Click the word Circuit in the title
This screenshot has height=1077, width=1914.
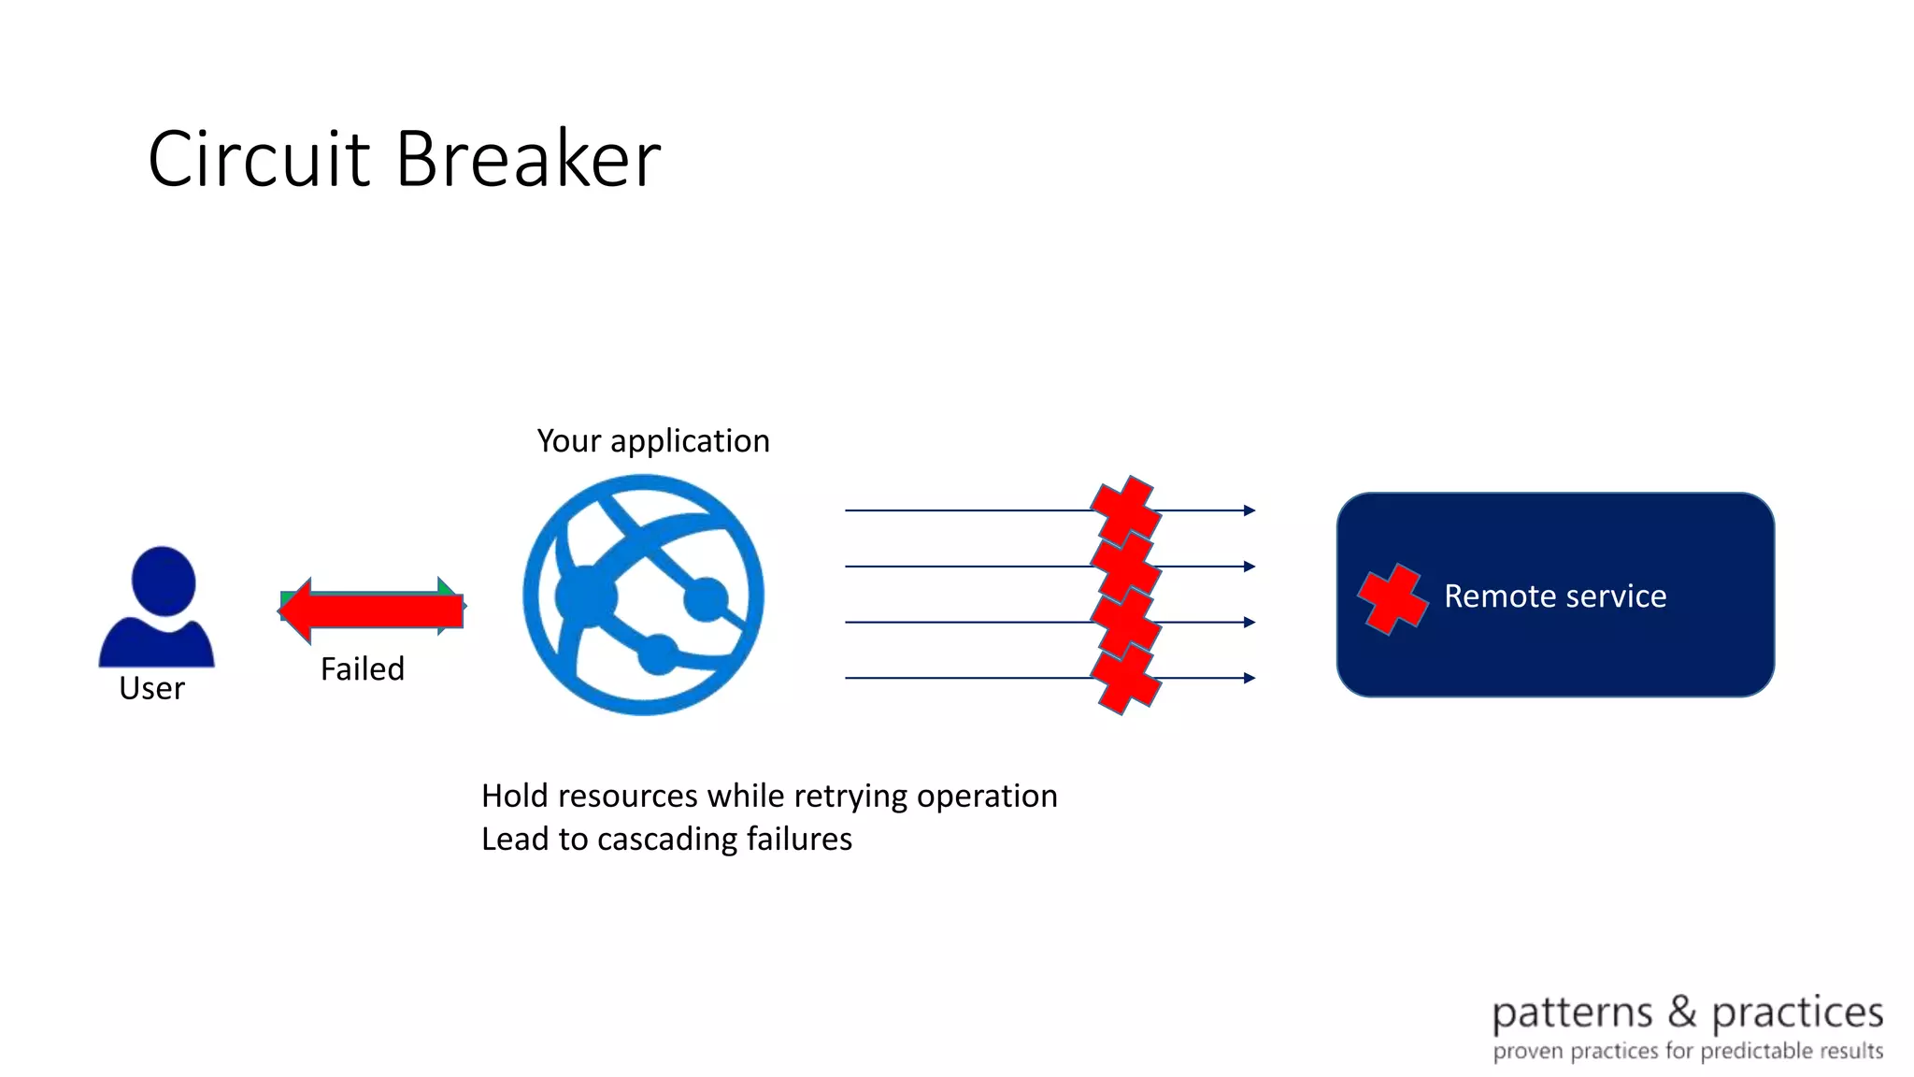[259, 159]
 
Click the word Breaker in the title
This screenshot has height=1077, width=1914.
[528, 159]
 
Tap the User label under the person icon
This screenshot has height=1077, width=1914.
[151, 688]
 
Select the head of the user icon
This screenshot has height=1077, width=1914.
[164, 581]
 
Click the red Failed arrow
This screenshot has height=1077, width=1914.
[374, 610]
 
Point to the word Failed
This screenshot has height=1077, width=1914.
[363, 668]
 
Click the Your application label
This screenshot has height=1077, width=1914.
[653, 440]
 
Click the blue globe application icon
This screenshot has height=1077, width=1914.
[643, 595]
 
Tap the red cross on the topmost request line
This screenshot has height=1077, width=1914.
[1126, 508]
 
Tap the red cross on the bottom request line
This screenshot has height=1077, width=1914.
[1126, 681]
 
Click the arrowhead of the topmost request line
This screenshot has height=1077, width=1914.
[1250, 510]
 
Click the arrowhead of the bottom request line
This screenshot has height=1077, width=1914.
[1250, 678]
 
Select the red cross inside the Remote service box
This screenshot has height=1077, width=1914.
[1393, 598]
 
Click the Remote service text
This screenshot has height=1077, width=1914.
[1555, 596]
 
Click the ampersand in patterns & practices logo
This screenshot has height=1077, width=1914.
[1682, 1012]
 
